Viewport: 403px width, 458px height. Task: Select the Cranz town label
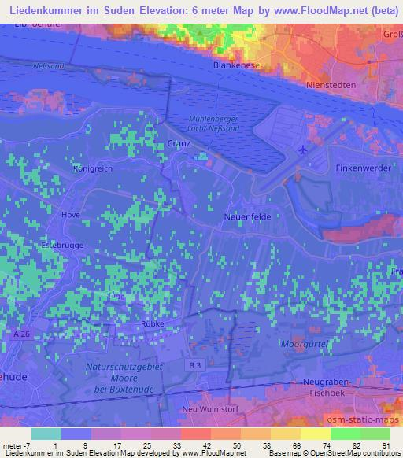click(x=179, y=144)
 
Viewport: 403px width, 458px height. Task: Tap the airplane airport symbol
click(x=305, y=150)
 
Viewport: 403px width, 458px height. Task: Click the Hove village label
click(x=72, y=214)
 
